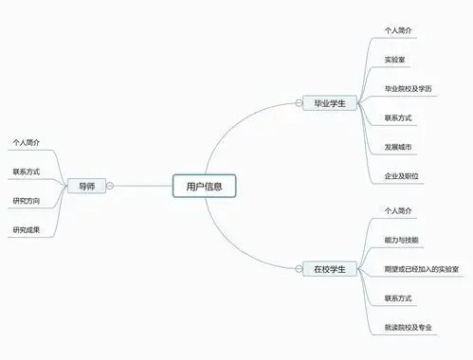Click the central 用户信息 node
[204, 186]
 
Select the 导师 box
[86, 186]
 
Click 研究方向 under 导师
[27, 200]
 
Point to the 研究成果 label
[27, 229]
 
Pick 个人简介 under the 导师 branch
[27, 143]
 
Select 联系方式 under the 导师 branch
[27, 171]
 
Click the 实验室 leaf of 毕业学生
[396, 60]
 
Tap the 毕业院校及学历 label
[414, 88]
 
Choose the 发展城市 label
[398, 147]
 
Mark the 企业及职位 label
[403, 176]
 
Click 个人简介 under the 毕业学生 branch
[398, 31]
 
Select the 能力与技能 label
[402, 239]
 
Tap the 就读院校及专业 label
[409, 327]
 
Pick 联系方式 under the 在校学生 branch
[398, 297]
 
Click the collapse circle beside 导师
[111, 186]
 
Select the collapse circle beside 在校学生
[358, 269]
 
